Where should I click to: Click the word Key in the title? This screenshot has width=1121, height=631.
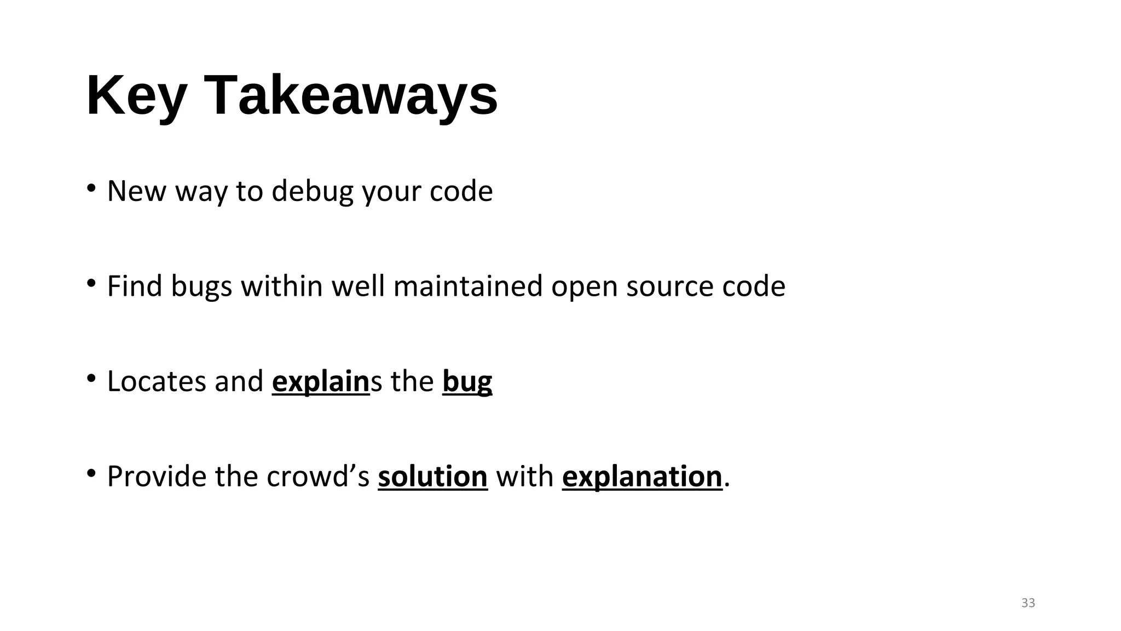(136, 96)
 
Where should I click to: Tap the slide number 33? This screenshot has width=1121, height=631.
(1028, 603)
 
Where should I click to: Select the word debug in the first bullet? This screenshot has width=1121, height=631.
(313, 191)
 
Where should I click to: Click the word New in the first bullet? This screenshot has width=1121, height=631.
(136, 191)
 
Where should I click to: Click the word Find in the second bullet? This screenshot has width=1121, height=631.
(134, 286)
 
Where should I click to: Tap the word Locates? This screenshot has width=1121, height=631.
(157, 381)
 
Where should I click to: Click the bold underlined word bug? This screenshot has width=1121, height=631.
(467, 381)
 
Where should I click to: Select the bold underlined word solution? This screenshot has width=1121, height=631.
(432, 476)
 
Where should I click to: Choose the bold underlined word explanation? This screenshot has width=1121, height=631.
(642, 476)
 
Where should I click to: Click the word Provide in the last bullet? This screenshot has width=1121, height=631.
(157, 476)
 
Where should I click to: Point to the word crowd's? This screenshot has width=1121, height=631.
(319, 476)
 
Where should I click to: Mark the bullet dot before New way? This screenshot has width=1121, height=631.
(91, 188)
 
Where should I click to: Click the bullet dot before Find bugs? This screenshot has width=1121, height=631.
(91, 283)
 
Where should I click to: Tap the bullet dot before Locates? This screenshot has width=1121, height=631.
(91, 378)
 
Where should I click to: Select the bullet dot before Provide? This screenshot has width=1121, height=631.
(91, 473)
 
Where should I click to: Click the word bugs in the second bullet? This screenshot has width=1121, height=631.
(201, 286)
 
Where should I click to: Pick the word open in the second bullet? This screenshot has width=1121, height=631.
(584, 286)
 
